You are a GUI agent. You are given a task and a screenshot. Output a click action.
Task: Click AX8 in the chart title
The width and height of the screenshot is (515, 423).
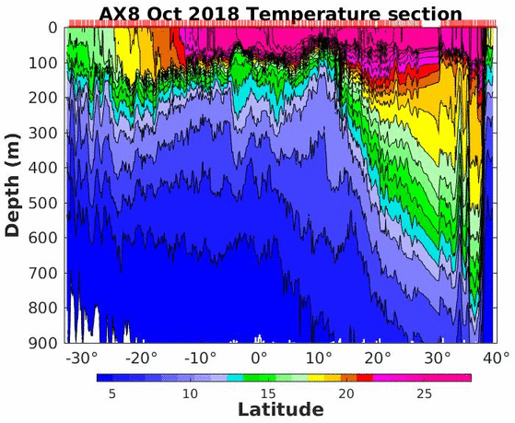coord(121,14)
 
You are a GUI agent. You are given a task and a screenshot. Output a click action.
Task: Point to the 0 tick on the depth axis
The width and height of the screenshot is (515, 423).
coord(53,28)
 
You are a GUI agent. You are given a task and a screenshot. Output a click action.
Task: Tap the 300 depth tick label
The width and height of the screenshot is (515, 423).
coord(43,133)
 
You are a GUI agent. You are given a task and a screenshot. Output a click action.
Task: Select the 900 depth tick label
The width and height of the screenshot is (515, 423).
coord(43,343)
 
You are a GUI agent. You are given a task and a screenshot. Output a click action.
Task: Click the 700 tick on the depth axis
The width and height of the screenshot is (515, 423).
coord(43,273)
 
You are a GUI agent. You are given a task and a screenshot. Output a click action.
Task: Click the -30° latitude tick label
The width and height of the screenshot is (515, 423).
coord(82,358)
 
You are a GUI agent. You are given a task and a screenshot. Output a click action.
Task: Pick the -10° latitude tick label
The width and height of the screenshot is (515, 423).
coord(201,358)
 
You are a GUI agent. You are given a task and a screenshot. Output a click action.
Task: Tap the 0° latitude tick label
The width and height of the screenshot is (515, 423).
coord(259,358)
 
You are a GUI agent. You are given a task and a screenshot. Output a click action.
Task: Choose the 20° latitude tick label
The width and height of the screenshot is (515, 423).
coord(378,358)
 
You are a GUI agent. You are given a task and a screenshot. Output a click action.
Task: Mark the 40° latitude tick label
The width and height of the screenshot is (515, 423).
coord(497,358)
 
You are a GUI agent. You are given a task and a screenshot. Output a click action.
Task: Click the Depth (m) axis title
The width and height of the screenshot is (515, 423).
coord(13,185)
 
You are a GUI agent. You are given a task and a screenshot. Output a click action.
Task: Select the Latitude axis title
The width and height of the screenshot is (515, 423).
coord(281,410)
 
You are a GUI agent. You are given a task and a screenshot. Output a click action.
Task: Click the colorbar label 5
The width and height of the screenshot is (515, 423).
coord(112,394)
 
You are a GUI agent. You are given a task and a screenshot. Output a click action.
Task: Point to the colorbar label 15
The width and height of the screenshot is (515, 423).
coord(268,394)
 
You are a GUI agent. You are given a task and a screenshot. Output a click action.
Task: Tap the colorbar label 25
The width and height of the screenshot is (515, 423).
coord(424,394)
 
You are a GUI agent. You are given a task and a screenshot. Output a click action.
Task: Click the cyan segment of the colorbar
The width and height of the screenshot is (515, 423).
coord(235,378)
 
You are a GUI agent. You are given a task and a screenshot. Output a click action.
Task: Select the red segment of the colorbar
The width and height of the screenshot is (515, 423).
coord(365,378)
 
